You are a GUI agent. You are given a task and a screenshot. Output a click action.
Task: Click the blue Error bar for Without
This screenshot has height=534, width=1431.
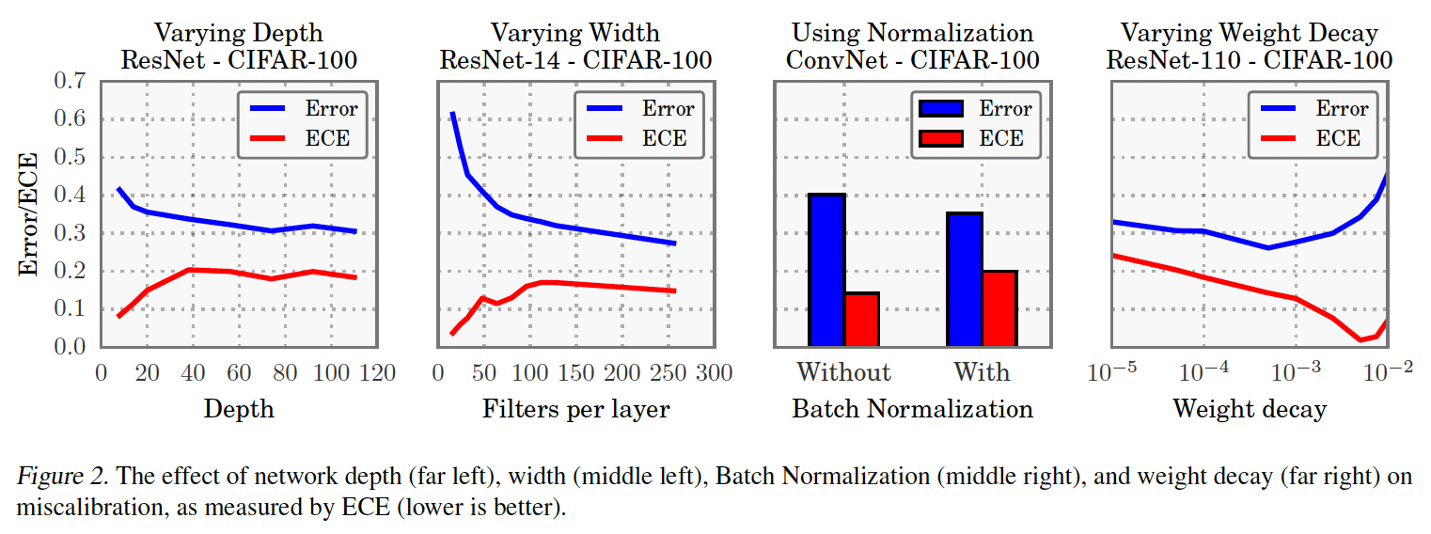point(826,271)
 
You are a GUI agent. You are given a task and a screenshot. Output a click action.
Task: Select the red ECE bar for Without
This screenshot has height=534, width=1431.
point(861,320)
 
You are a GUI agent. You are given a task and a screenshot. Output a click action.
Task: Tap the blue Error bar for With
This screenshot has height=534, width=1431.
point(965,280)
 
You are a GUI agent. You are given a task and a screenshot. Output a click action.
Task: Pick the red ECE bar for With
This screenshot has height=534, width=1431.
point(999,308)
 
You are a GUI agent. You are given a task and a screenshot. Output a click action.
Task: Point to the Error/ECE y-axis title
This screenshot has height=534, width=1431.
point(30,214)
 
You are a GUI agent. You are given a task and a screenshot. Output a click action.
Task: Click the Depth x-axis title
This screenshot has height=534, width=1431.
point(239,409)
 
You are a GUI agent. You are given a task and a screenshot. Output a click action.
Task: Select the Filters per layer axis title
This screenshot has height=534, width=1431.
point(576,409)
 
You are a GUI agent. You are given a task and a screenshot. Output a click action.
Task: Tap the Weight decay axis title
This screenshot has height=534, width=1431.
point(1249,409)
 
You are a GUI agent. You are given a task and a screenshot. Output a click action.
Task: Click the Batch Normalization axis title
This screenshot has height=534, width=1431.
point(912,409)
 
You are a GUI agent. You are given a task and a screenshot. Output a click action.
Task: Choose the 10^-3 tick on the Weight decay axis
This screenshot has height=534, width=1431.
point(1296,372)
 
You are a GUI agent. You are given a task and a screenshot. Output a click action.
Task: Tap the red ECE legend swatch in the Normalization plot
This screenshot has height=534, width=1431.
point(941,138)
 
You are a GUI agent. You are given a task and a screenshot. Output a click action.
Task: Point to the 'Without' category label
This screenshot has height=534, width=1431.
point(843,372)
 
